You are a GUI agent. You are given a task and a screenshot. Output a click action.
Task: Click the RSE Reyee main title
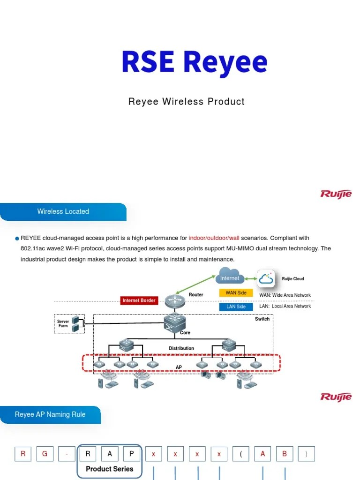coord(194,63)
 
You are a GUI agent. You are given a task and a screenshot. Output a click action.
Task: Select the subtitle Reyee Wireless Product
coord(187,102)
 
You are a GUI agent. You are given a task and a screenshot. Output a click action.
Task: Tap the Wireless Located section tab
coord(63,211)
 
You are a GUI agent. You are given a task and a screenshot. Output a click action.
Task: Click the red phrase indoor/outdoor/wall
coord(214,238)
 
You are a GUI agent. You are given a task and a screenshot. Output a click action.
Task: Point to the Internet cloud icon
coord(230,277)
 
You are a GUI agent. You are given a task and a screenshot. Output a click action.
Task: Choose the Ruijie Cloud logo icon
coord(266,279)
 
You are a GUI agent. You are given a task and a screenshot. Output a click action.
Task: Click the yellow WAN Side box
coord(236,293)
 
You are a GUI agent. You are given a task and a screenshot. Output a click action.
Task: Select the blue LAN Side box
coord(236,307)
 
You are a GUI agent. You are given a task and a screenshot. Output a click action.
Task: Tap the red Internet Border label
coord(139,300)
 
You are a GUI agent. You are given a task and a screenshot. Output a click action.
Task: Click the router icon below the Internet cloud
coord(175,300)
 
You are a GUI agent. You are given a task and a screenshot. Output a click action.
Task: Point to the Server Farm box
coord(69,323)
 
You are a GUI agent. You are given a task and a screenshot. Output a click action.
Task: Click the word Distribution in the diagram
coord(181,348)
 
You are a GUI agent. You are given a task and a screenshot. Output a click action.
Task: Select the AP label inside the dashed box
coord(179,367)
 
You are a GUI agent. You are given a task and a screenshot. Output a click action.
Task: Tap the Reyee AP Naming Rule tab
coord(50,415)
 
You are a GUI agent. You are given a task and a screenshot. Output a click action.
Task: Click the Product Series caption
coord(109,469)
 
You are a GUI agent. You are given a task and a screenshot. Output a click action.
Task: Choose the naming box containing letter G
coord(45,454)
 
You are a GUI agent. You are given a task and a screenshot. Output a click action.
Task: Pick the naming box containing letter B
coord(285,454)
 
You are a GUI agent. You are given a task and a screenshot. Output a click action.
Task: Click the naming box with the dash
coord(67,454)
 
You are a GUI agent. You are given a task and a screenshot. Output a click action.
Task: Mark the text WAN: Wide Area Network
coord(285,295)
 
